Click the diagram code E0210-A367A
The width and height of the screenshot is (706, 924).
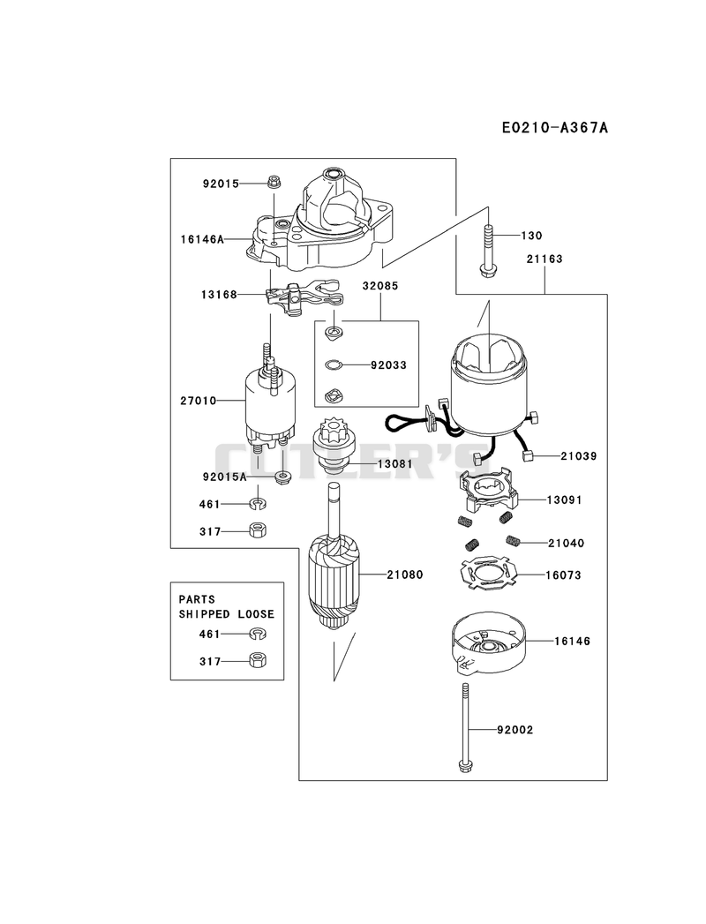[554, 127]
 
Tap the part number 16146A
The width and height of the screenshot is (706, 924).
[202, 239]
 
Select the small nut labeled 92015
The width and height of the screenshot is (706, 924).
[273, 182]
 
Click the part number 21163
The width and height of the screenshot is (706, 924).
[544, 259]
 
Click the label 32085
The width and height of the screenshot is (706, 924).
[380, 286]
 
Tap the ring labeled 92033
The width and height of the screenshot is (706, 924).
[333, 364]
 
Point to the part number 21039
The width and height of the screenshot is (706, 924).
[578, 456]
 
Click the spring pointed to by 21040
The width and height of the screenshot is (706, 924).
[511, 540]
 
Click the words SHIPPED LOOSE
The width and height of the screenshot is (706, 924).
[226, 614]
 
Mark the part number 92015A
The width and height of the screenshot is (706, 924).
[224, 477]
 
